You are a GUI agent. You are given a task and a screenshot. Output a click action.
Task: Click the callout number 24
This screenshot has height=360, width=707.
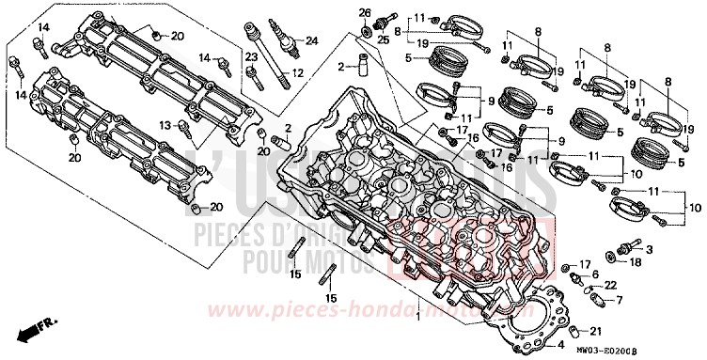point(311,39)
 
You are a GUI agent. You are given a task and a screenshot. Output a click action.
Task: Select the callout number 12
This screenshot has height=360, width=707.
point(296,73)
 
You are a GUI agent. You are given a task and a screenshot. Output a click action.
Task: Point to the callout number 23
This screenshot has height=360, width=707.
point(251,57)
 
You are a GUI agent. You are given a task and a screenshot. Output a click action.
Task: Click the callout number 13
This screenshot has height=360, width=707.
point(164,124)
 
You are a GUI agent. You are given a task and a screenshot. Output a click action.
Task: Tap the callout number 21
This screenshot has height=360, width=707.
point(595,331)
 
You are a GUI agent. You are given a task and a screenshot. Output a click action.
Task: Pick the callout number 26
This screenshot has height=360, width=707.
point(364,11)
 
